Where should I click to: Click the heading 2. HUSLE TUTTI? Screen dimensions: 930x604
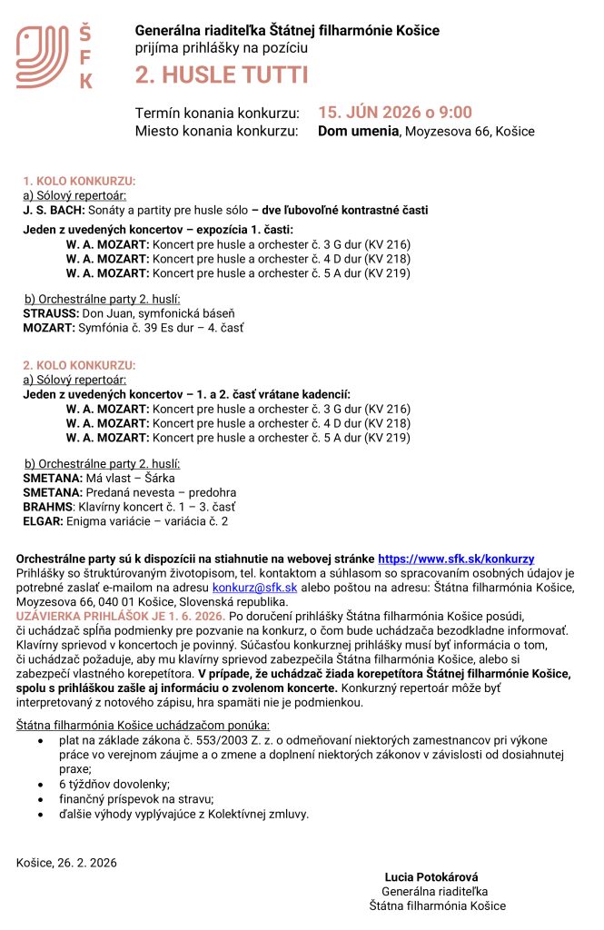pos(222,74)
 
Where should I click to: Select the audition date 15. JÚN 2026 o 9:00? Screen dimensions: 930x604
pos(394,113)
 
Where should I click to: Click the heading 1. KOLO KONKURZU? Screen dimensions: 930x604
pos(79,181)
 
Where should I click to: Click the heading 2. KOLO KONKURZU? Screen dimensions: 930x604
pos(79,365)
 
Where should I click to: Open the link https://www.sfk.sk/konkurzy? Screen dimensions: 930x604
pos(455,559)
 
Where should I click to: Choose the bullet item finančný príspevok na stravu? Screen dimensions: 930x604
pos(136,799)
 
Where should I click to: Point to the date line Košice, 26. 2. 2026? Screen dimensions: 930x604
pos(66,862)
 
